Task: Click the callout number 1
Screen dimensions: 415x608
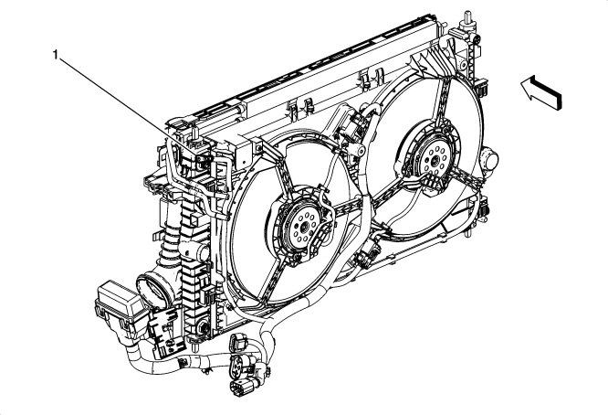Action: (56, 56)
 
